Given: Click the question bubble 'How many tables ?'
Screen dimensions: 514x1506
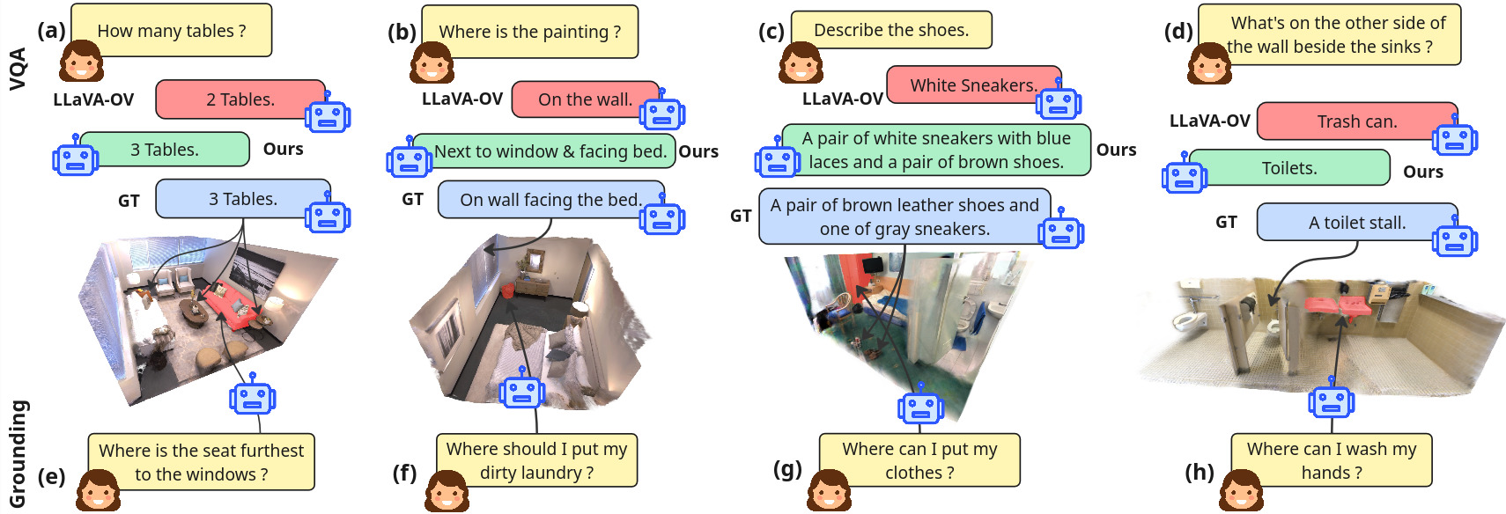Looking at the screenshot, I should (x=172, y=31).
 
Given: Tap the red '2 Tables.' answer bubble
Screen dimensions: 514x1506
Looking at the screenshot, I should (x=240, y=99).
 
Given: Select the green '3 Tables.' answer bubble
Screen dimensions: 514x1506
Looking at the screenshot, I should (x=165, y=150).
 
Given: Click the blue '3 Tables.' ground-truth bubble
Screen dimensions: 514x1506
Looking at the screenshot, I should (x=242, y=199).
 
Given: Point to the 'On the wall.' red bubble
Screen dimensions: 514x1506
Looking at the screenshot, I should (x=585, y=99).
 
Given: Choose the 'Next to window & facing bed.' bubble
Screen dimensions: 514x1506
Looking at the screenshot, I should (x=550, y=151).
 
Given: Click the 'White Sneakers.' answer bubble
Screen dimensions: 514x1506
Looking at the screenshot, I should (x=973, y=85).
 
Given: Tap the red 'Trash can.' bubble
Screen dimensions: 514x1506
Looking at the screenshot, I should (x=1356, y=121).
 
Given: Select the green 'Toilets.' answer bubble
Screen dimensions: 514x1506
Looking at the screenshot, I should (x=1289, y=168).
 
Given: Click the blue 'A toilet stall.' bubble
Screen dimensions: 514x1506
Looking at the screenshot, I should (x=1356, y=223).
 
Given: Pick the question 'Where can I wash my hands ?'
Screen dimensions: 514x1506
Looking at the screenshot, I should (x=1332, y=460).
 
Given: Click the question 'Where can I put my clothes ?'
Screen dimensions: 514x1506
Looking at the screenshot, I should (x=919, y=460).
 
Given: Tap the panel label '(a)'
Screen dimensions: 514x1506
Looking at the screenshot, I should (x=51, y=31).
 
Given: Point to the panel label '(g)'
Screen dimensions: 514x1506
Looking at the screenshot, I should (x=787, y=469).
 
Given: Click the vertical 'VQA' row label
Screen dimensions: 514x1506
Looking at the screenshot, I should (x=18, y=69).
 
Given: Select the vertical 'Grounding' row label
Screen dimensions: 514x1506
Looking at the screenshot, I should (x=18, y=454).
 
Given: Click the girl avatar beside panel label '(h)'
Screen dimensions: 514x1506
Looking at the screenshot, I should (x=1242, y=490).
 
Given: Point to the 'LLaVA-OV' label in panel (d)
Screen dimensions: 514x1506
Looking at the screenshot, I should (x=1209, y=121).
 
